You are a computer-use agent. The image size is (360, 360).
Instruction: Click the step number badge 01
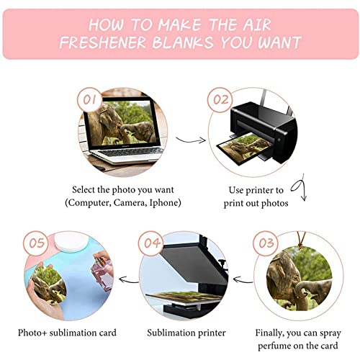(x=92, y=98)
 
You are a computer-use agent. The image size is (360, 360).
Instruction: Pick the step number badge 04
(x=152, y=243)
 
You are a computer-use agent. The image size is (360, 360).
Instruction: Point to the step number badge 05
(x=36, y=243)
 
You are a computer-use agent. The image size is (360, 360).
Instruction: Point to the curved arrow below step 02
(x=303, y=192)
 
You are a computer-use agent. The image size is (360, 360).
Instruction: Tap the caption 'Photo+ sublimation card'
(x=68, y=333)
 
